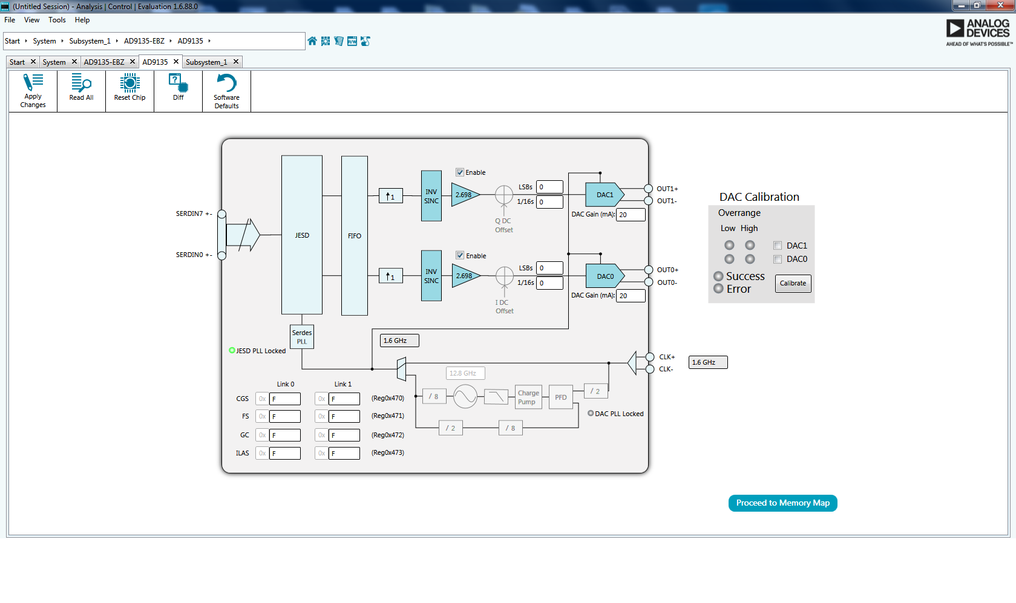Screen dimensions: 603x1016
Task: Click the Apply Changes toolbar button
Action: (33, 91)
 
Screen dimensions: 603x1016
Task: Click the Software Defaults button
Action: (226, 91)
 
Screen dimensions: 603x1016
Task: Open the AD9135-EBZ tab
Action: (104, 62)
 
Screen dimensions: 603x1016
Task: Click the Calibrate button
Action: (793, 284)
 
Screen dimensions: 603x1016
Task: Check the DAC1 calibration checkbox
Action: (778, 246)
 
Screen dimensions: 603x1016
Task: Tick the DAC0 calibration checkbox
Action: (778, 259)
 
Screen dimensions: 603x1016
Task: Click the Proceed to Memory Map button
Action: (782, 503)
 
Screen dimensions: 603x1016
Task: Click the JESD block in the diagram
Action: (302, 235)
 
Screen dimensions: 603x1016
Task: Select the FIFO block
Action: (355, 236)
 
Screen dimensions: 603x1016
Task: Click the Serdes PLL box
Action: (302, 337)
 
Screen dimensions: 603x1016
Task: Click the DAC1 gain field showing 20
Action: (630, 215)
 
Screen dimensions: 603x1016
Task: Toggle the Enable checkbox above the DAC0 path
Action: (460, 256)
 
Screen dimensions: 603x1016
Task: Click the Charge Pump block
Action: (528, 397)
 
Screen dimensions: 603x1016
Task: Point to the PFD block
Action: (561, 397)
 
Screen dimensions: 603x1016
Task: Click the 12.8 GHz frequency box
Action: (465, 373)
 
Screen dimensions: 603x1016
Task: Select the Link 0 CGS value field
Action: (284, 399)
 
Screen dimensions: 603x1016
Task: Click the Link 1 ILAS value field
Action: (344, 454)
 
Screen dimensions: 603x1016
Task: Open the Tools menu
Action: (57, 20)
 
